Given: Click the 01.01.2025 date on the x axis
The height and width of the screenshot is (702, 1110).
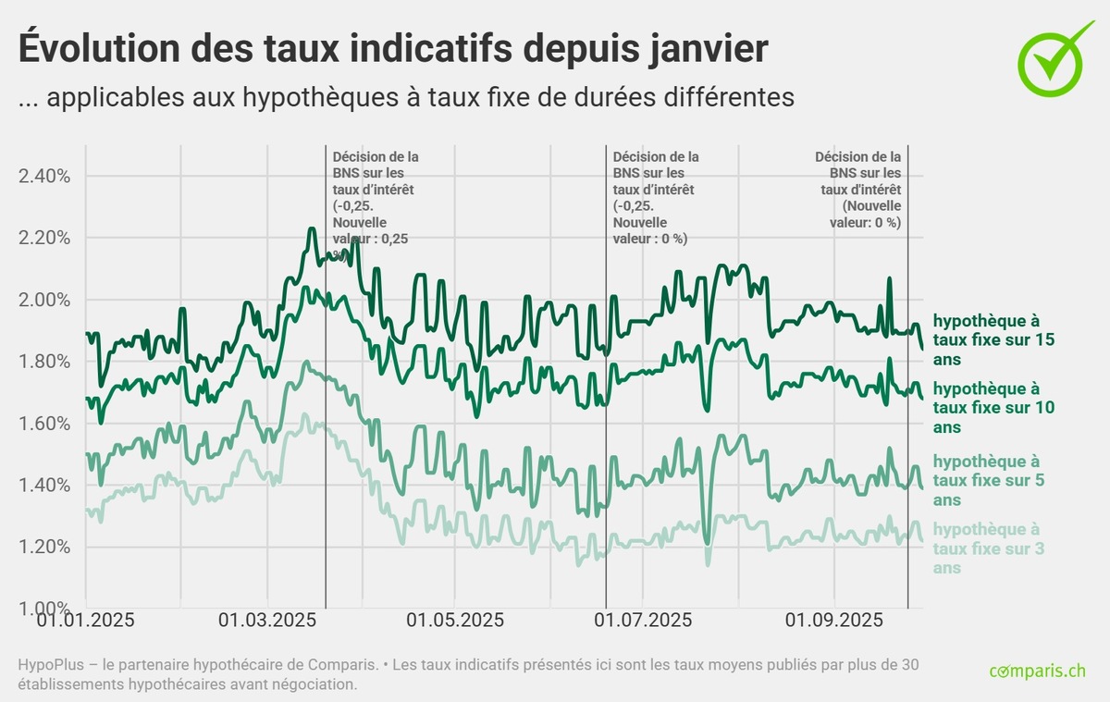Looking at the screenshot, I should point(85,620).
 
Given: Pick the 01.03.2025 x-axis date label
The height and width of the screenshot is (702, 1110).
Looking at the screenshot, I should point(267,620).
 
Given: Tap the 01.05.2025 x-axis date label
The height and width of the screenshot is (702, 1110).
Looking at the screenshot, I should point(455,620).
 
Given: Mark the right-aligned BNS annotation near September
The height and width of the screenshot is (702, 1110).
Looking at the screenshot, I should point(859,190).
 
